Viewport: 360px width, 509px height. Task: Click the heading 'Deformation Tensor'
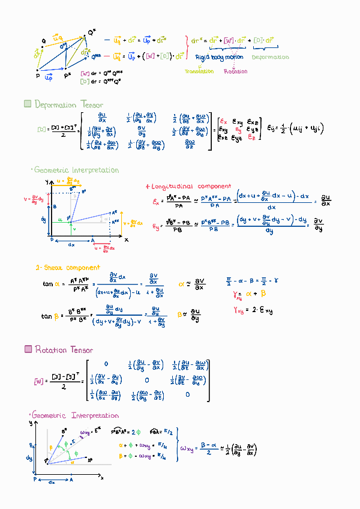click(x=69, y=105)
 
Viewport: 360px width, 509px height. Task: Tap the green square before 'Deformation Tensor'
click(x=27, y=104)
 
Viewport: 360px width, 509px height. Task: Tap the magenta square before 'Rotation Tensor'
click(x=28, y=349)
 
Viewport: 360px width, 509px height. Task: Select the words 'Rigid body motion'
click(x=220, y=58)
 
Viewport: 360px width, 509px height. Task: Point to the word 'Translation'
click(x=199, y=71)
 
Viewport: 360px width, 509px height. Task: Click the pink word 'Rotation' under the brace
click(x=235, y=71)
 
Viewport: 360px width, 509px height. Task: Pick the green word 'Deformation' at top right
click(x=270, y=58)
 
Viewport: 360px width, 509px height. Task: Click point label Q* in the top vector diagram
click(x=92, y=32)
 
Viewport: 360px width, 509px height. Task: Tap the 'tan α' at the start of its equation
click(x=50, y=284)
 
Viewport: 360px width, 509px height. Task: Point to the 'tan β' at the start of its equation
click(x=50, y=316)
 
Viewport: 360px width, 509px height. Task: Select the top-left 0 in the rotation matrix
click(x=106, y=364)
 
